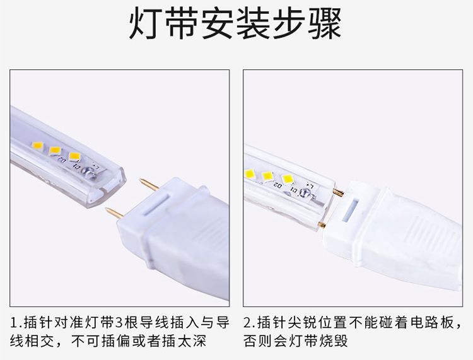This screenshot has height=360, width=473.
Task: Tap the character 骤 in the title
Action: (325, 24)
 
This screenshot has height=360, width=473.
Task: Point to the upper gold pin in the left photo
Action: (149, 185)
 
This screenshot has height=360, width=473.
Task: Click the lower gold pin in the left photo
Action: (115, 213)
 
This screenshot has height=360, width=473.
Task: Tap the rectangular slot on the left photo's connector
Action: (156, 204)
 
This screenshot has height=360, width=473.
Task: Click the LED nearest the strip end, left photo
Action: (74, 156)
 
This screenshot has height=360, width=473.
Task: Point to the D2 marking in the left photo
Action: (62, 160)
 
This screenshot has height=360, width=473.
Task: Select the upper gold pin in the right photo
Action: (339, 192)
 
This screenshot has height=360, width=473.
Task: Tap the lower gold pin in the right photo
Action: (322, 224)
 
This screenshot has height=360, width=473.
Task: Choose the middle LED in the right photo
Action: (267, 177)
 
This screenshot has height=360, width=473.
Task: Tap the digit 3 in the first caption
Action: (119, 323)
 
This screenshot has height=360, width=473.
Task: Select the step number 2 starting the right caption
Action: (247, 323)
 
